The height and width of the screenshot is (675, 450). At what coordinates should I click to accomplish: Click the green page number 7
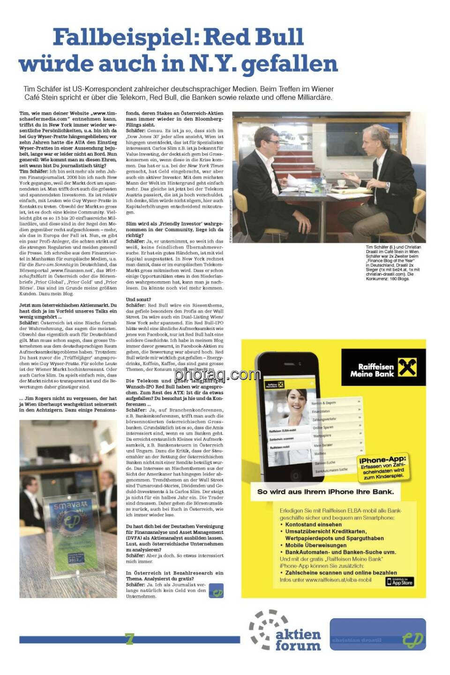129,638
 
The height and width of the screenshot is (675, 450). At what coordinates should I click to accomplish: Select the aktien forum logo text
298,640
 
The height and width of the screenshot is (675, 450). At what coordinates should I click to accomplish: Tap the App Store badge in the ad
399,582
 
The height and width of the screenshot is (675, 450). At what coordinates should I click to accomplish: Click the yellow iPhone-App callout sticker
383,468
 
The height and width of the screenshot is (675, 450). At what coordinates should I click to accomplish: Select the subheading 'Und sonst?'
138,299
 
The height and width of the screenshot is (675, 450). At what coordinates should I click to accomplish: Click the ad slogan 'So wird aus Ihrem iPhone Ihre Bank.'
325,492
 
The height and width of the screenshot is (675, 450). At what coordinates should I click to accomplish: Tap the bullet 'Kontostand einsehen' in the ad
313,525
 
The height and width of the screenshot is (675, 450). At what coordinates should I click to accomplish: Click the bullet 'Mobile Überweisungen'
315,545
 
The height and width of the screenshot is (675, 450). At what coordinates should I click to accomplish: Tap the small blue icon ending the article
216,591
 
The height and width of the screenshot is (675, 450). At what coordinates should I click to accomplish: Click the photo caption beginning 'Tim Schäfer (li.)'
393,262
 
